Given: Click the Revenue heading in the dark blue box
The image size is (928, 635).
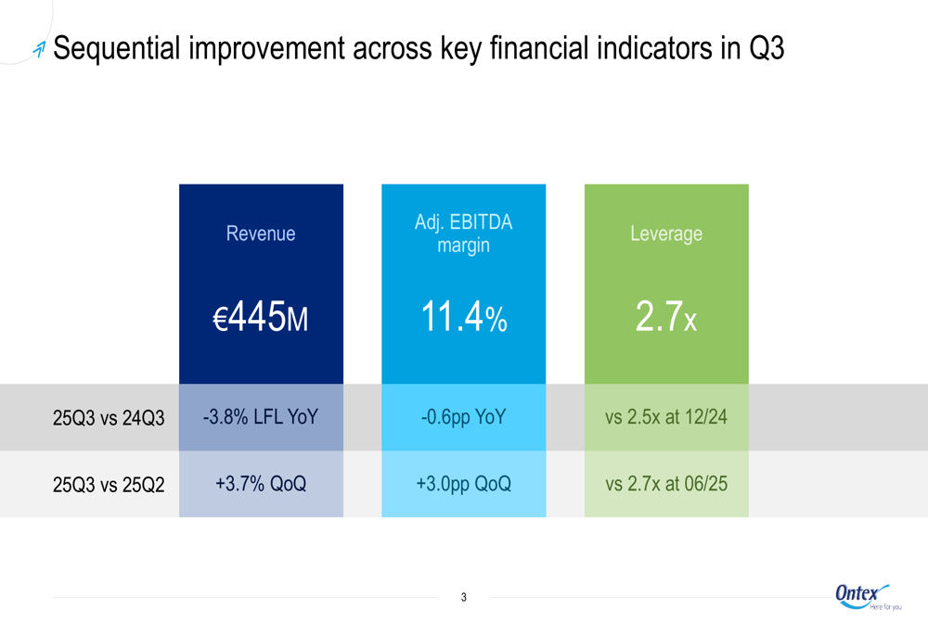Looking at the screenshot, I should pos(261,234).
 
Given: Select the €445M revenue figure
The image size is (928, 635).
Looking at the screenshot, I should pos(261,319).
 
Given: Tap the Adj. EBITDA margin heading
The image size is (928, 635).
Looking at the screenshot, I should pos(463,235).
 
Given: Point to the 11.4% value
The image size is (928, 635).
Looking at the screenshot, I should pos(463,319).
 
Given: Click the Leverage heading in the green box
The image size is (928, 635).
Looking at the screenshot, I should pos(666,234).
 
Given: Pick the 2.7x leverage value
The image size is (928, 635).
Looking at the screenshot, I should pos(666,319).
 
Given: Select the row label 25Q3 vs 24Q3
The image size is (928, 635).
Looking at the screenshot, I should pos(109,418).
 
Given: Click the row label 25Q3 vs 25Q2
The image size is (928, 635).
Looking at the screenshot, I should pos(109,484).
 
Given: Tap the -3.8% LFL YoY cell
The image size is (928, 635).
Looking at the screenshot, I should pos(261,417).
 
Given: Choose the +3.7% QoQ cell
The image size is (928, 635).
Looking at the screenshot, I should pos(261,484).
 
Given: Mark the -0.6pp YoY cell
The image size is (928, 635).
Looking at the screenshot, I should pos(463,417).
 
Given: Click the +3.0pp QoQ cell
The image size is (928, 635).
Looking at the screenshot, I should pos(463,484).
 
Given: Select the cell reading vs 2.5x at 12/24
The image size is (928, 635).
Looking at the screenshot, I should pos(666,417).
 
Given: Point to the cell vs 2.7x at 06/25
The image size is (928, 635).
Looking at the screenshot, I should pos(666,484).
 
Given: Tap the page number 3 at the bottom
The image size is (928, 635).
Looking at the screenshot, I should pos(464,598).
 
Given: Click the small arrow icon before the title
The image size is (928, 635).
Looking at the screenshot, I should pos(38,50).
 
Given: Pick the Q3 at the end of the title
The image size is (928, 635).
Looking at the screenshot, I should pos(766,49).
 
